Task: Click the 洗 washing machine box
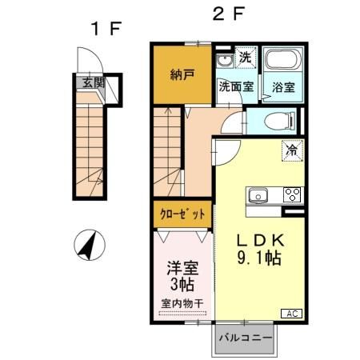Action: pos(246,57)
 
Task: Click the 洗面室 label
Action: pos(236,86)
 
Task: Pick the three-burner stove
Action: pos(292,195)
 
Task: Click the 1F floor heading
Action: pos(105,29)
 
